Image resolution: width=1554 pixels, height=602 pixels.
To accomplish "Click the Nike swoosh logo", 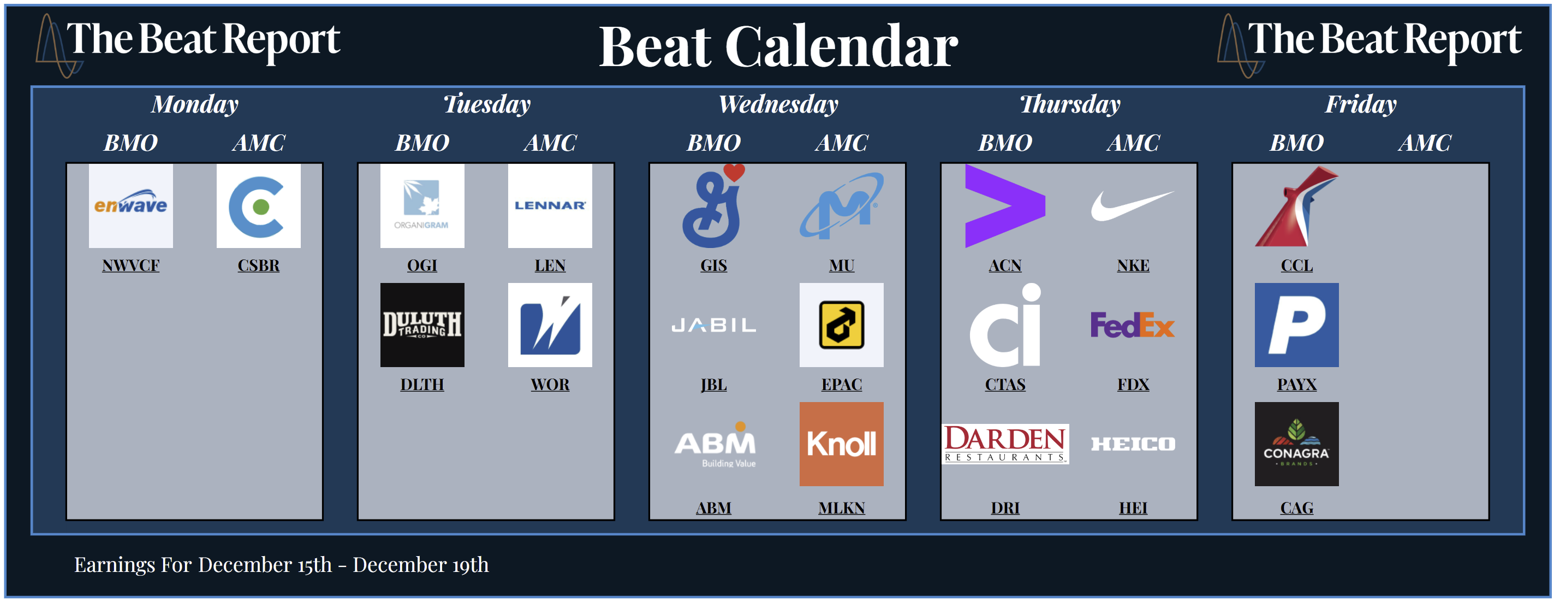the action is click(x=1132, y=206).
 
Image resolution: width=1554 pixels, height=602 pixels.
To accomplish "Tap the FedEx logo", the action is click(x=1132, y=325).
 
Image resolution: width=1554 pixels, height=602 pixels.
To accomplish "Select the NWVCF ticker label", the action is click(x=130, y=265).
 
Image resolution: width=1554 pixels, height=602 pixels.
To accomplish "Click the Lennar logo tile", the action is click(x=550, y=206).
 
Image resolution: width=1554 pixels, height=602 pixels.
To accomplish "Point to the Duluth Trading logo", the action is click(x=422, y=325).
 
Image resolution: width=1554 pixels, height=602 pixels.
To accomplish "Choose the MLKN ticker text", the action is click(x=842, y=508).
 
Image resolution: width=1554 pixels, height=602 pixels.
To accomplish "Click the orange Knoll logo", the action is click(x=842, y=444).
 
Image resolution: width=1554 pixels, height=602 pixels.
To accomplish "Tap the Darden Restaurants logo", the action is click(x=1005, y=444).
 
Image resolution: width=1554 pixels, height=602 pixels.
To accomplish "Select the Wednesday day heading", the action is click(x=778, y=104).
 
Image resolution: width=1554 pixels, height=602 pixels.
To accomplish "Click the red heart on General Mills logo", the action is click(x=734, y=172).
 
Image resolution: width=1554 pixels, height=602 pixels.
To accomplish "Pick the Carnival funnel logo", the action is click(x=1296, y=206).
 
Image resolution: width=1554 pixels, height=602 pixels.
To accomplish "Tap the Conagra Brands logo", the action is click(x=1296, y=444).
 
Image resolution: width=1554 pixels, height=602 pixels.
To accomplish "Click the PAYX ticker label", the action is click(x=1296, y=384).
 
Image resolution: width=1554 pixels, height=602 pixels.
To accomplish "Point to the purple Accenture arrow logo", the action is click(x=1005, y=206).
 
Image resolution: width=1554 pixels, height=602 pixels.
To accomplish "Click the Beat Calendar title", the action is click(x=778, y=46).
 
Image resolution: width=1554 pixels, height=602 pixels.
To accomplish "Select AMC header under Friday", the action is click(x=1424, y=143).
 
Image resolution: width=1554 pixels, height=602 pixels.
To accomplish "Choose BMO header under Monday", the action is click(x=130, y=143).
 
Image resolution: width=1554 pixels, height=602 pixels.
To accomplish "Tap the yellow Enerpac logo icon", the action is click(x=842, y=325).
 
